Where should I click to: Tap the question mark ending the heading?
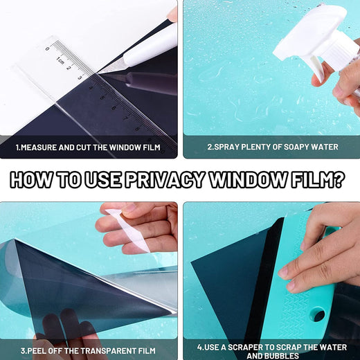338,179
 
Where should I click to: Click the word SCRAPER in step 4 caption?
241,348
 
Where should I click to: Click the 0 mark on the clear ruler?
48,48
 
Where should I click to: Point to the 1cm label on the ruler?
60,60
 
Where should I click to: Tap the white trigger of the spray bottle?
317,68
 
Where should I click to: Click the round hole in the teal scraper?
318,315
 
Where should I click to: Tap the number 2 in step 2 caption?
210,147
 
